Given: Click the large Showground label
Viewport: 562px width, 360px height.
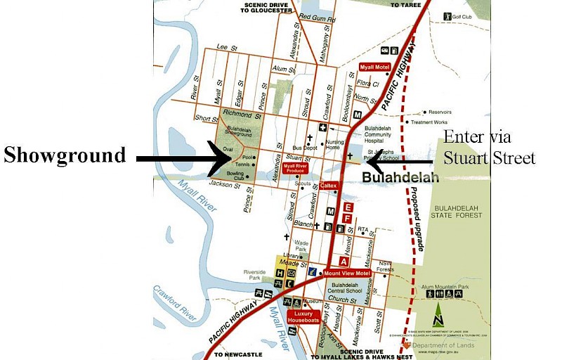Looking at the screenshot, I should point(65,155).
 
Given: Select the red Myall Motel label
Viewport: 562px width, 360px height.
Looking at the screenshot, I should point(374,67).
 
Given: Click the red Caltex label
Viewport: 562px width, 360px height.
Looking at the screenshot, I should point(329,186).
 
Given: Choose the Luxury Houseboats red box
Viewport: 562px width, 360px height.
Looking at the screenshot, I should point(303,316).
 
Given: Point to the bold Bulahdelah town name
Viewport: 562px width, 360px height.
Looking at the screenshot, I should point(400,178).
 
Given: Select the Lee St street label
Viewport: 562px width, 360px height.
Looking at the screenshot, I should point(225,46).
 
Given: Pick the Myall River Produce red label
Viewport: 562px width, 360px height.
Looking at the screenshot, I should point(295,169).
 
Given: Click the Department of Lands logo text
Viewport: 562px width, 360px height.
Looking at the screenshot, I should point(443,345).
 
